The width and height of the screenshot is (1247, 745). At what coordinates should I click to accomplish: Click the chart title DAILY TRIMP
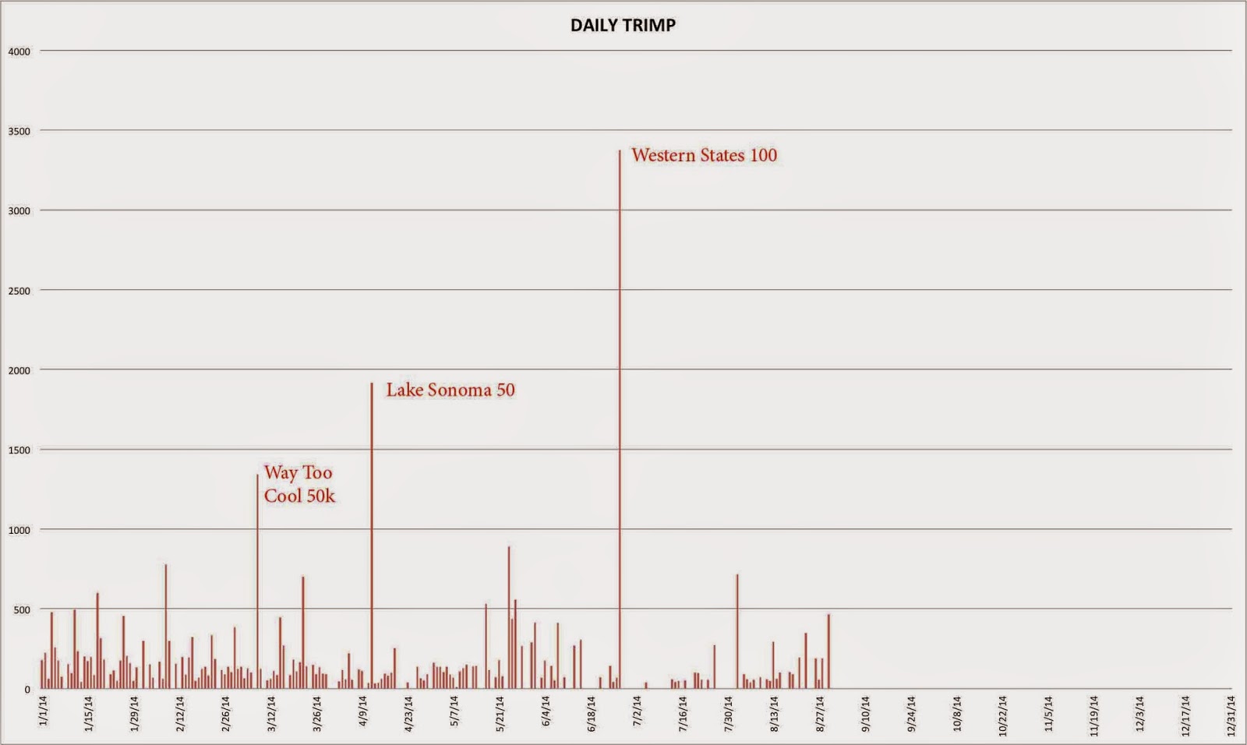tap(623, 25)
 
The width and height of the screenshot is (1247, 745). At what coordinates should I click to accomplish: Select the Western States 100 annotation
tap(704, 155)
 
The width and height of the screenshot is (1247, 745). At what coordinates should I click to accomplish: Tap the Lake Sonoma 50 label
tap(450, 390)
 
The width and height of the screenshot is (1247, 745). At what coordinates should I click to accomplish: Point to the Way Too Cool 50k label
tap(299, 484)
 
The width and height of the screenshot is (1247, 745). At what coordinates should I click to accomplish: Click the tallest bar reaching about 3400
tap(620, 421)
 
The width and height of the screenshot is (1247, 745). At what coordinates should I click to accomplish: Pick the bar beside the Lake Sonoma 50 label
tap(372, 538)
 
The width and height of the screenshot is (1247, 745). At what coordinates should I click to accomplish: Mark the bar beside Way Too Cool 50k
tap(258, 584)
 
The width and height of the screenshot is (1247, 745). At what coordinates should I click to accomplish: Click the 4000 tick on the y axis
tap(19, 51)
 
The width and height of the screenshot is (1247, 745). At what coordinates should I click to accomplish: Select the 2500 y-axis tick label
tap(19, 291)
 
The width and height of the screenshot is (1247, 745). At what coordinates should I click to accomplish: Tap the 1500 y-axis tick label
tap(19, 450)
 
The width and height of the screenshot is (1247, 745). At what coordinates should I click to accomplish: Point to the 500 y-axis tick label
tap(22, 609)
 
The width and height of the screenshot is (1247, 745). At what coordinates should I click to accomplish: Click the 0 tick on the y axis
tap(27, 690)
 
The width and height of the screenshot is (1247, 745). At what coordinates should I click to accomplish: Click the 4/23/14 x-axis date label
tap(408, 714)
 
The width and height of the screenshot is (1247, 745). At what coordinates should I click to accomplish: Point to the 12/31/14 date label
tap(1231, 714)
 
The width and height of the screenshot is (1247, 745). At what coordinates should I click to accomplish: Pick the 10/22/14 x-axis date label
tap(1002, 714)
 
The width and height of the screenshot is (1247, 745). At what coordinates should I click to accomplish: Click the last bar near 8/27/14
tap(828, 651)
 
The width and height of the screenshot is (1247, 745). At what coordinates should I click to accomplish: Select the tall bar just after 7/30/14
tap(737, 631)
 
